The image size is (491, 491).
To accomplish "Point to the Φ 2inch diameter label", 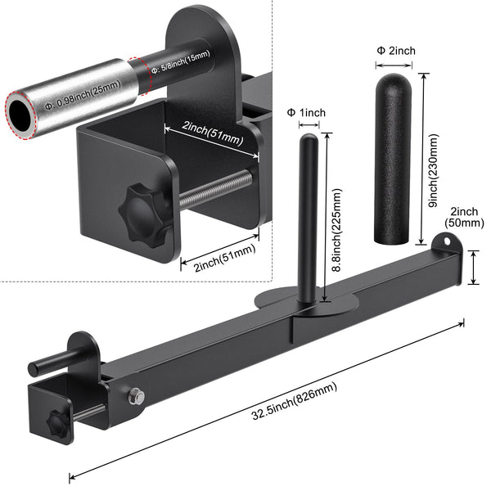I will pyautogui.click(x=396, y=51).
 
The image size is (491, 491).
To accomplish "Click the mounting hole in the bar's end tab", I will pyautogui.click(x=446, y=241).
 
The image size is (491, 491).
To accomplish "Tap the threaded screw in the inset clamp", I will pyautogui.click(x=217, y=189).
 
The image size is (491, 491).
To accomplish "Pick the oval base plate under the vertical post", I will pyautogui.click(x=306, y=302).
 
